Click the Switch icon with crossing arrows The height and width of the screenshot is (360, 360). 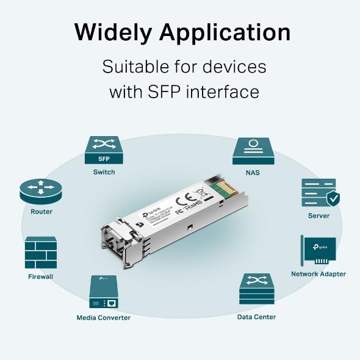point(104,145)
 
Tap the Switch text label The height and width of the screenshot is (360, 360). point(104,172)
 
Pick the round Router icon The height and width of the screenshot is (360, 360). point(41,192)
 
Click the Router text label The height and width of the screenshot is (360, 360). point(41,212)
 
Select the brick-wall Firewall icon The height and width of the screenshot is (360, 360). point(41,253)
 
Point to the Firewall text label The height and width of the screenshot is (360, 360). point(41,276)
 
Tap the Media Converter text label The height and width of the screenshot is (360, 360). point(103,317)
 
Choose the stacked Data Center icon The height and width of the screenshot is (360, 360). point(256,289)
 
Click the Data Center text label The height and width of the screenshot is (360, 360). point(256,317)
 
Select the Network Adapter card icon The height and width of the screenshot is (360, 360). point(318,250)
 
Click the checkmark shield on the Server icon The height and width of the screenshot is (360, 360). point(333,198)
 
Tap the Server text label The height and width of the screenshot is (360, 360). point(319,215)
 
